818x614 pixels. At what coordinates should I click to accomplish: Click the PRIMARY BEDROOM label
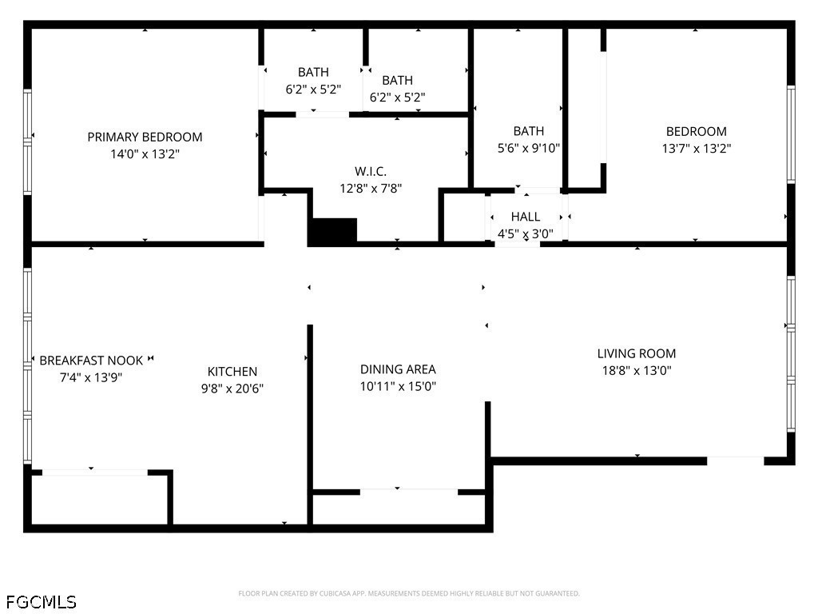click(145, 137)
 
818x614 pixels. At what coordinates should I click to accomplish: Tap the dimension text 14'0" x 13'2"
click(145, 154)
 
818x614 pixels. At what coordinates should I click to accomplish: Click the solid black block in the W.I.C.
click(332, 231)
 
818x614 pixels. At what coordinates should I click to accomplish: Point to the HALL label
click(525, 217)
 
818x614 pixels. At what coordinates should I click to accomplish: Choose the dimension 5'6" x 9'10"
click(528, 148)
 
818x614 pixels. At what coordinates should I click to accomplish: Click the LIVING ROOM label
click(636, 353)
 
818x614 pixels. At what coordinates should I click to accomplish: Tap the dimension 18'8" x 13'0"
click(636, 371)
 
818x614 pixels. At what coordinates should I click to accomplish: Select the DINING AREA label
click(398, 369)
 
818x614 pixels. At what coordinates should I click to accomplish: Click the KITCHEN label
click(232, 371)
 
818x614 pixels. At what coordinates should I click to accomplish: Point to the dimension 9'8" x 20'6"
click(232, 389)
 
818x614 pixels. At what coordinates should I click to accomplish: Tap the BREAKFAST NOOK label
click(91, 361)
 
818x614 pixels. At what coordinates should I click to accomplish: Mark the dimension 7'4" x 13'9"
click(91, 377)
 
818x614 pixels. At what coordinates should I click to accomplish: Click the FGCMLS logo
click(41, 601)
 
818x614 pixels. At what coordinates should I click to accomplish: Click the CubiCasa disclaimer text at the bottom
click(408, 593)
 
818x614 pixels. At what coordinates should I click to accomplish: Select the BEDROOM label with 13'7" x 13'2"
click(696, 131)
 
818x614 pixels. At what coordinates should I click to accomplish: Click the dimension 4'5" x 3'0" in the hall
click(525, 234)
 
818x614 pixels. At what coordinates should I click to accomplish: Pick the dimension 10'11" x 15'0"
click(398, 387)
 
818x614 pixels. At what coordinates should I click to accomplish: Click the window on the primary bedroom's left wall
click(28, 141)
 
